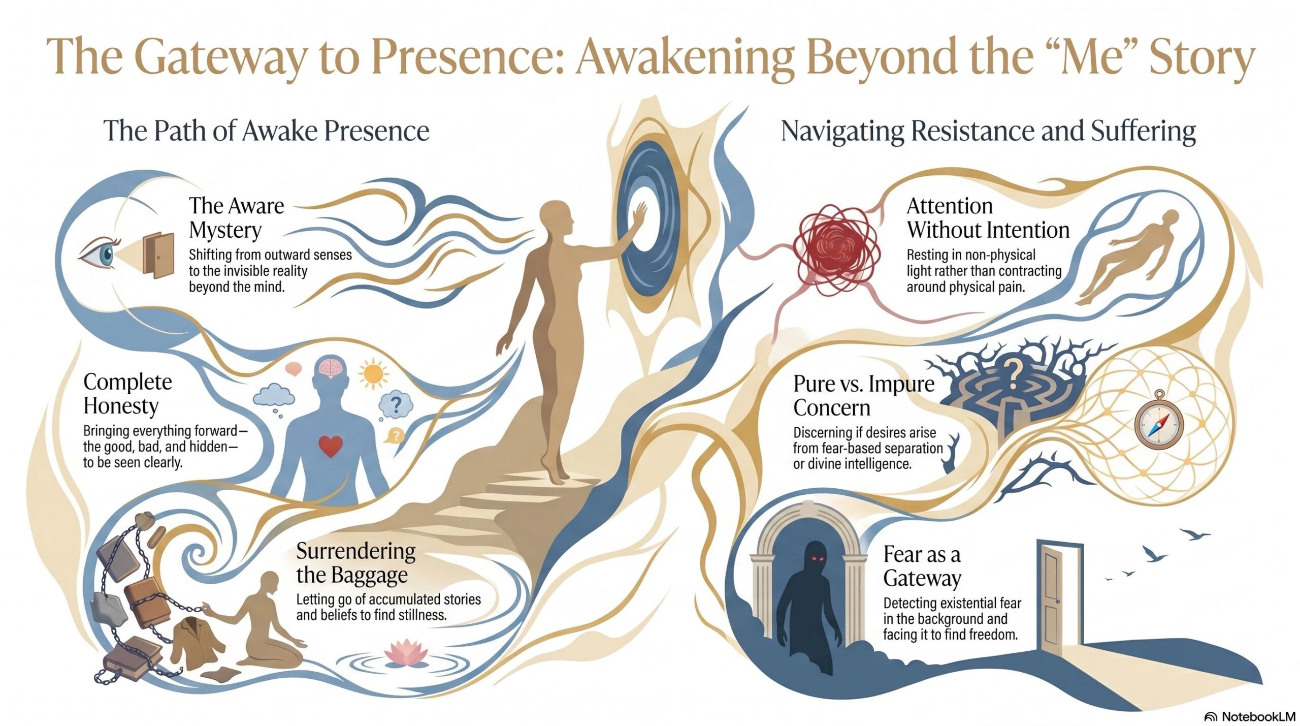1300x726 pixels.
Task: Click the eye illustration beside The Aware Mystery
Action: click(x=99, y=252)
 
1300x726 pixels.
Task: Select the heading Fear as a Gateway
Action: click(x=922, y=566)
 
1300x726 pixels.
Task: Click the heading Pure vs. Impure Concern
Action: click(x=864, y=395)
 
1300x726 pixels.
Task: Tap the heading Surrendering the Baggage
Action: click(x=356, y=563)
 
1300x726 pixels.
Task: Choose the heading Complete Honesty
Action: click(x=127, y=394)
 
